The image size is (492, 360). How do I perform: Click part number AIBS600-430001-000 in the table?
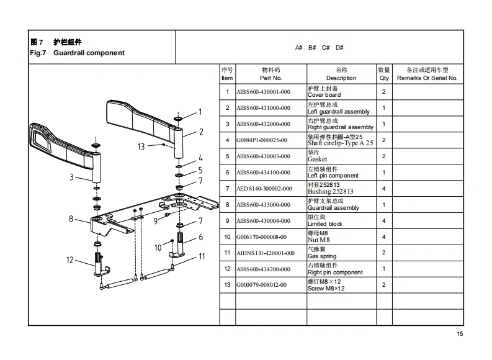coord(263,92)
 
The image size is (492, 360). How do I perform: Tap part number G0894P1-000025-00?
coord(261,140)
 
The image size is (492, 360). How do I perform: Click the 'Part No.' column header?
coord(271,74)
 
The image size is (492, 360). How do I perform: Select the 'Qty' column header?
coord(384,74)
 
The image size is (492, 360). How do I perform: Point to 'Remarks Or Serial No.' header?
coord(427,74)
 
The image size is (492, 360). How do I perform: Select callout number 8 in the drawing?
coord(71,218)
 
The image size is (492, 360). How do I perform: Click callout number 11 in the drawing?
coord(202,256)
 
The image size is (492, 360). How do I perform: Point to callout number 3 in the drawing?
coord(72,178)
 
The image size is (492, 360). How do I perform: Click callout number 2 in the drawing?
coord(201,132)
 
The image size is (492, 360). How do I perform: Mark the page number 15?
coord(460,335)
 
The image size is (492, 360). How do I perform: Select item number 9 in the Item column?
coord(227,221)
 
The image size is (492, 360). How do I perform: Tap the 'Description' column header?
coord(341,74)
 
